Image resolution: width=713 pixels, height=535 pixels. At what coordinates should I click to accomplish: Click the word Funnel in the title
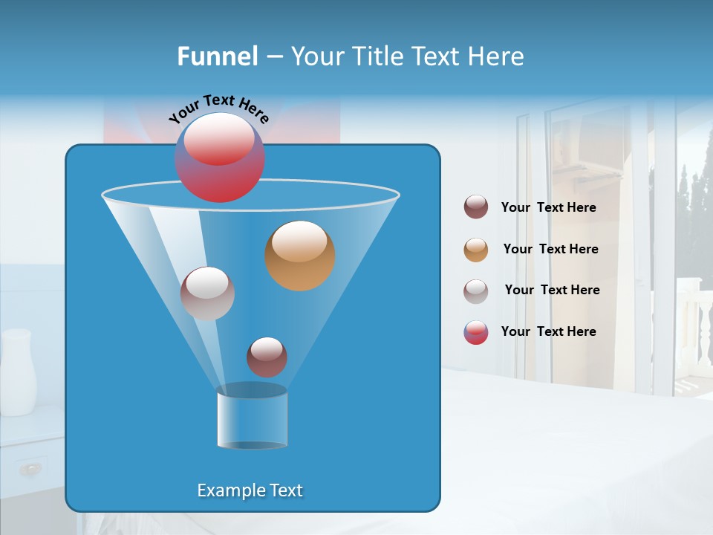[218, 56]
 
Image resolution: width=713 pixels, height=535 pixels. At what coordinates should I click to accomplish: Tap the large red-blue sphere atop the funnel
[220, 158]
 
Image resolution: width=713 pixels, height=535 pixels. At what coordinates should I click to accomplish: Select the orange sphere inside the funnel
[300, 256]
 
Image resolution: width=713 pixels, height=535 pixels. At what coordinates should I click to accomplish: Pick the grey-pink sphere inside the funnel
[207, 294]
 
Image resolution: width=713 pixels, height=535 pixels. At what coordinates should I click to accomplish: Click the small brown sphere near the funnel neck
[267, 357]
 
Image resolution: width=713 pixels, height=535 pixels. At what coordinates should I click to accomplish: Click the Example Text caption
[250, 490]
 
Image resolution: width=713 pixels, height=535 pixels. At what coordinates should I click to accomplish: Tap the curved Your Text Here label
[218, 106]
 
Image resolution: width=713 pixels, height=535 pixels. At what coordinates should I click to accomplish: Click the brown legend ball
[476, 207]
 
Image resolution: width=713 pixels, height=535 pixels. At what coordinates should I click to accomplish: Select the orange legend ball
[476, 250]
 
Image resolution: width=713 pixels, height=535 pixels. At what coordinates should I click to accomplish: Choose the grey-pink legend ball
[476, 291]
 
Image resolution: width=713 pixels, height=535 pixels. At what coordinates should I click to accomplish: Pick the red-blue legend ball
[476, 332]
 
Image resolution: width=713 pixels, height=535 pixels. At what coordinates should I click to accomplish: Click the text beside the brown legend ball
[549, 207]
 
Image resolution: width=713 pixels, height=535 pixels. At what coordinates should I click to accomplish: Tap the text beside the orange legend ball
[551, 249]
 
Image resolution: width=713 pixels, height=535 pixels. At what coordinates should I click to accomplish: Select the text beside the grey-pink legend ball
[553, 290]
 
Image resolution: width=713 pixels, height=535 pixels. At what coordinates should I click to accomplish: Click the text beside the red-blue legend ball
[549, 331]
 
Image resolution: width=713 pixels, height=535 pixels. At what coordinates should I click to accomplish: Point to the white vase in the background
[18, 372]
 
